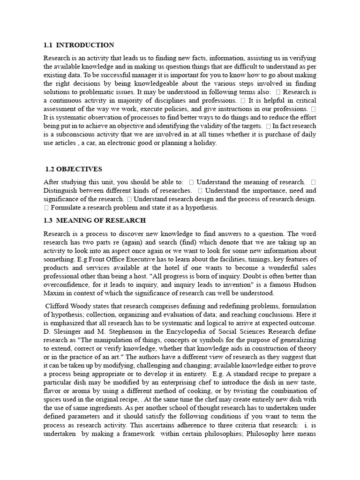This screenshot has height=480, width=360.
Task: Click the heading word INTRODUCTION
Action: coord(85,45)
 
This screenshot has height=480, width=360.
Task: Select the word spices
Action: coord(53,399)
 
